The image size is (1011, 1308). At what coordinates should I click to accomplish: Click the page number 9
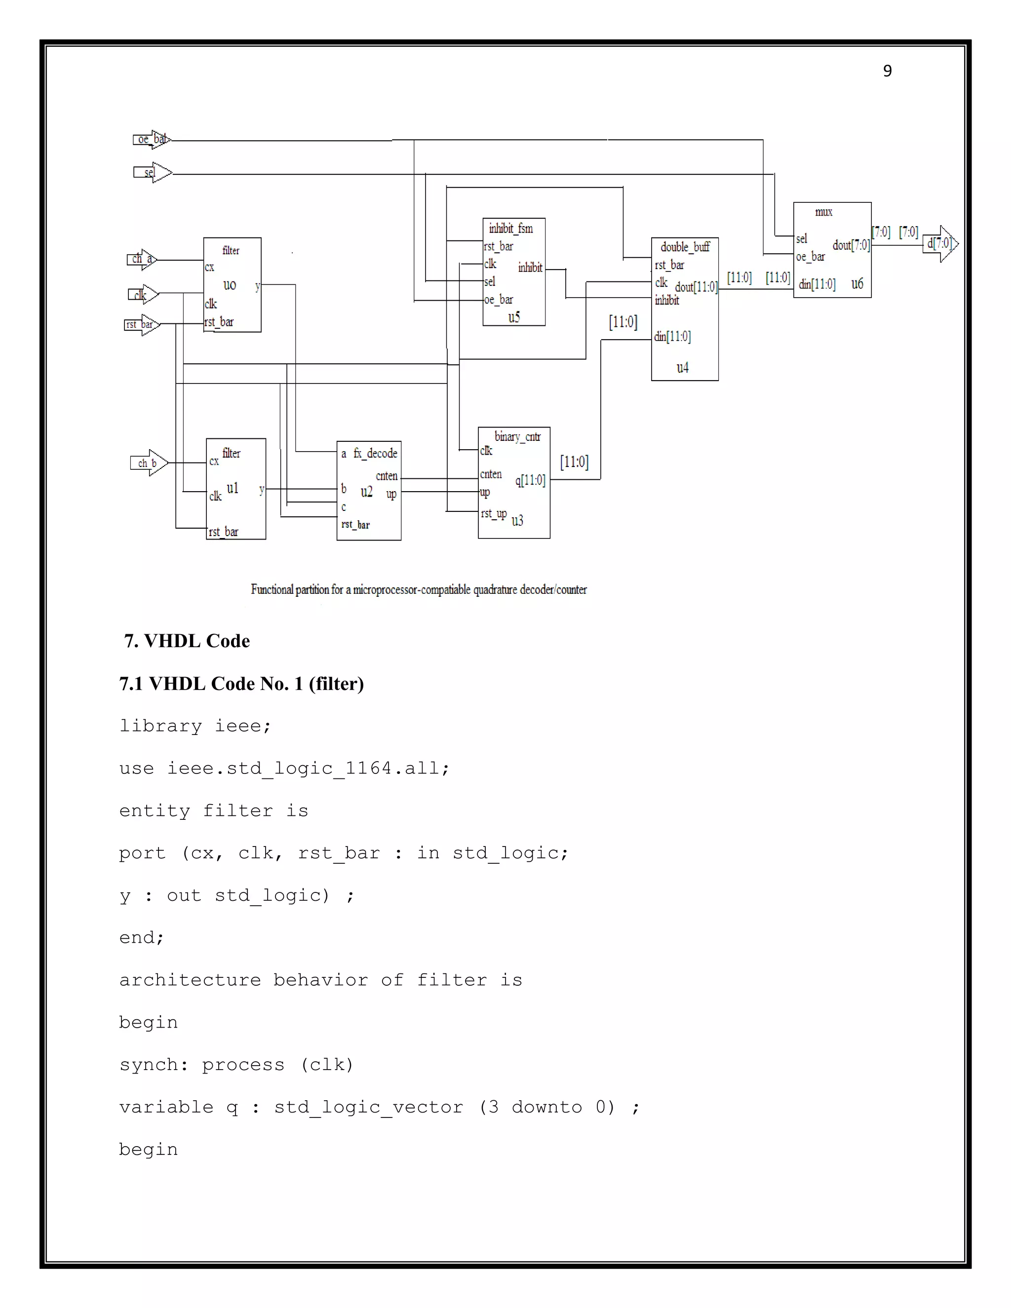[887, 71]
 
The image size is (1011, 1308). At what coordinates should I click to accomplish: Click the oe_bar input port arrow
[152, 140]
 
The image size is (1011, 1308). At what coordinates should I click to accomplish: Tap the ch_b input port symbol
[149, 463]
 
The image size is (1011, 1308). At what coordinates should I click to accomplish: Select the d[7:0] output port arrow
[940, 243]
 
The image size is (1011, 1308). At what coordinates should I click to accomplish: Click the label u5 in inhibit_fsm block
[514, 317]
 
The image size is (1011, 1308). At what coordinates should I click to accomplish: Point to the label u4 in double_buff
[682, 368]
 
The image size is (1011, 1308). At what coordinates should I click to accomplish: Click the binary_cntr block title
[517, 437]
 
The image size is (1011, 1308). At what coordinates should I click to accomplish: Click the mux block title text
[823, 212]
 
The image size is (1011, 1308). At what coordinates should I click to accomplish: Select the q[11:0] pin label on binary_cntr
[530, 480]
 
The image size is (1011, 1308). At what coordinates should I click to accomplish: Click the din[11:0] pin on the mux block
[817, 284]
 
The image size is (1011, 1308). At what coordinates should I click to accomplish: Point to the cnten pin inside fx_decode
[387, 475]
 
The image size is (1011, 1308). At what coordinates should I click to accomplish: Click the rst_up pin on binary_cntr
[494, 513]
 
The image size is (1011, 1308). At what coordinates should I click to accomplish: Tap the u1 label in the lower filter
[233, 488]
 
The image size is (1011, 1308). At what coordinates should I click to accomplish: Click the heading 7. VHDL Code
[187, 641]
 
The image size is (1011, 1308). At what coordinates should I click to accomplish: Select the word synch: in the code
[154, 1065]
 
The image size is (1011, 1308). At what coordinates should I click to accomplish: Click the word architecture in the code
[190, 980]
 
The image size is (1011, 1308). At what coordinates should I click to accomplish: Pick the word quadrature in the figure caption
[495, 589]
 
